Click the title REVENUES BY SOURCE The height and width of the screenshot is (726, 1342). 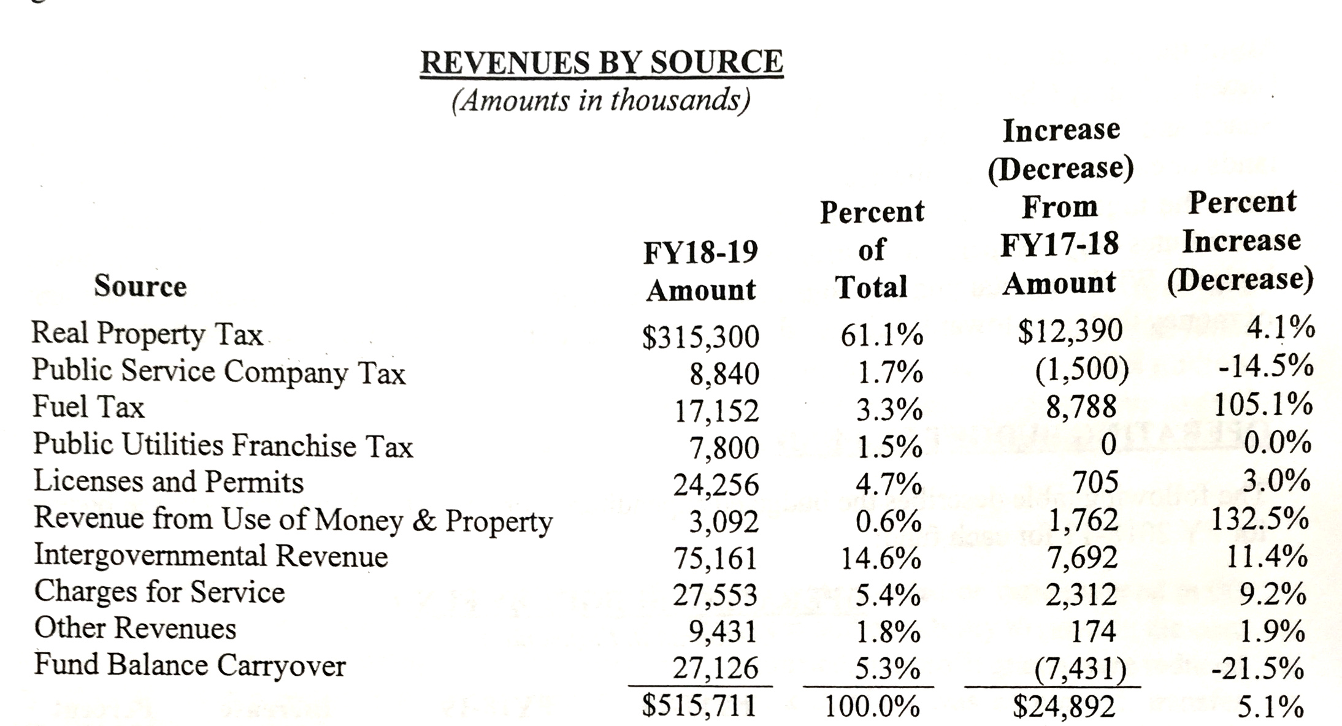tap(602, 63)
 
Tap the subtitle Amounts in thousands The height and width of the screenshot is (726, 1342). tap(601, 101)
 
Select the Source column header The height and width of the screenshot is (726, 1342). tap(140, 286)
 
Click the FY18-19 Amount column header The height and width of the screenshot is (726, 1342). tap(700, 270)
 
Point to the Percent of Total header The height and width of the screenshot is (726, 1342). tap(872, 250)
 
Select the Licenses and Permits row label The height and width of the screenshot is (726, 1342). tap(168, 482)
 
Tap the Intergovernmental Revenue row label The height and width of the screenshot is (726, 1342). tap(211, 556)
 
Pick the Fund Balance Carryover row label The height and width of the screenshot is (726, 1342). tap(190, 665)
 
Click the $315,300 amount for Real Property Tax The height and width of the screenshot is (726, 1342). tap(700, 337)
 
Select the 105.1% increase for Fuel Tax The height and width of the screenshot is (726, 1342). tap(1263, 405)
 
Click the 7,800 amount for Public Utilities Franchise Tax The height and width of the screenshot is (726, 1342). tap(724, 448)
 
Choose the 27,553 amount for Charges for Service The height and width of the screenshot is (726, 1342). tap(715, 595)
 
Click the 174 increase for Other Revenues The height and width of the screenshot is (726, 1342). tap(1094, 631)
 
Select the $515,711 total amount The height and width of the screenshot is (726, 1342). tap(699, 705)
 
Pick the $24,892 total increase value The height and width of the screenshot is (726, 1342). tap(1064, 706)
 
